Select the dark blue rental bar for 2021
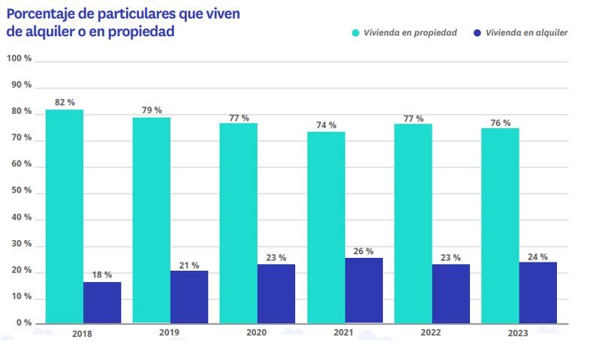point(363,290)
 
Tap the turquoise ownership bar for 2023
point(500,225)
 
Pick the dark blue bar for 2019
point(189,296)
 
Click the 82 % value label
point(65,102)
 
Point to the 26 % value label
point(364,250)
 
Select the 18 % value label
point(102,274)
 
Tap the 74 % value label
point(326,124)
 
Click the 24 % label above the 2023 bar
point(537,256)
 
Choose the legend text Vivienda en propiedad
point(410,33)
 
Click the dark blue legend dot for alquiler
point(477,33)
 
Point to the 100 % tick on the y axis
point(19,58)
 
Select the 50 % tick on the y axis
point(20,190)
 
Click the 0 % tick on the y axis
point(22,322)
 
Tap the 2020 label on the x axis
point(257,333)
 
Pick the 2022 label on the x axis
point(432,333)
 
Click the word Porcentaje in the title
point(44,13)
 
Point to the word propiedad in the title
point(143,31)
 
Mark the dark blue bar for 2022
point(450,293)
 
